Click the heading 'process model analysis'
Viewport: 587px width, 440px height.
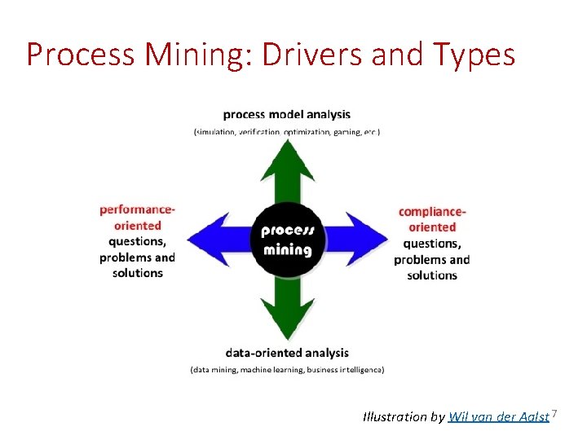pos(286,115)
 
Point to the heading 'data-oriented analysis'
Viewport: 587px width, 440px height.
pos(287,353)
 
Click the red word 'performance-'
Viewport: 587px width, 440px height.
pos(137,210)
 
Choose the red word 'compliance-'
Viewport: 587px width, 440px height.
pos(432,212)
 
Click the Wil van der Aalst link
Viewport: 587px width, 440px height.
pos(499,417)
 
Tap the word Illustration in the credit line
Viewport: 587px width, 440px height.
pos(394,417)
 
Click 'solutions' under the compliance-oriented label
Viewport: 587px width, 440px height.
pos(432,275)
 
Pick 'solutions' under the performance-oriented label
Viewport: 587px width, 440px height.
pos(137,273)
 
